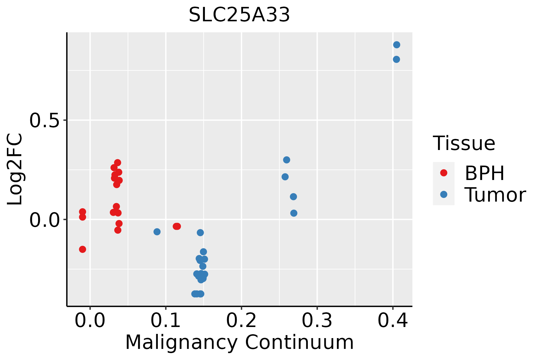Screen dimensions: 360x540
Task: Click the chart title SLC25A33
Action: click(239, 15)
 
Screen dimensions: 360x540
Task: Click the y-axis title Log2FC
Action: click(15, 169)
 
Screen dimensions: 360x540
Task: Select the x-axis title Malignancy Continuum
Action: click(239, 342)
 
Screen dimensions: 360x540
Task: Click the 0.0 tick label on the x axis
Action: click(90, 320)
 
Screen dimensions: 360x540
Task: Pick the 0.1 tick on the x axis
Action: click(166, 320)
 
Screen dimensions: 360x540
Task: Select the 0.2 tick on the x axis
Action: click(241, 320)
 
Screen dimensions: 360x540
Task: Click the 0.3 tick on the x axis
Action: click(317, 320)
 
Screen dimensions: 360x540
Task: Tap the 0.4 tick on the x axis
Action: click(392, 320)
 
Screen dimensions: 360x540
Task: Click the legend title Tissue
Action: click(464, 143)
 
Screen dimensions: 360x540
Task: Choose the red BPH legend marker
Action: click(443, 173)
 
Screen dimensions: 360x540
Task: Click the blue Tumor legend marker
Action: click(443, 194)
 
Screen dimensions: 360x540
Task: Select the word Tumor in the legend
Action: click(495, 195)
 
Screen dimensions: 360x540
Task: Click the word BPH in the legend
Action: click(484, 173)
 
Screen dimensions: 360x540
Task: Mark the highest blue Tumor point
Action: click(397, 45)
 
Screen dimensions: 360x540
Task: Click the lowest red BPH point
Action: click(82, 249)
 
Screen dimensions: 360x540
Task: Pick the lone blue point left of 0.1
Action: click(157, 232)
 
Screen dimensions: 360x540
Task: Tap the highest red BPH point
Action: click(118, 163)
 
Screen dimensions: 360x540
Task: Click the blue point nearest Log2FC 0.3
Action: click(286, 160)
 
